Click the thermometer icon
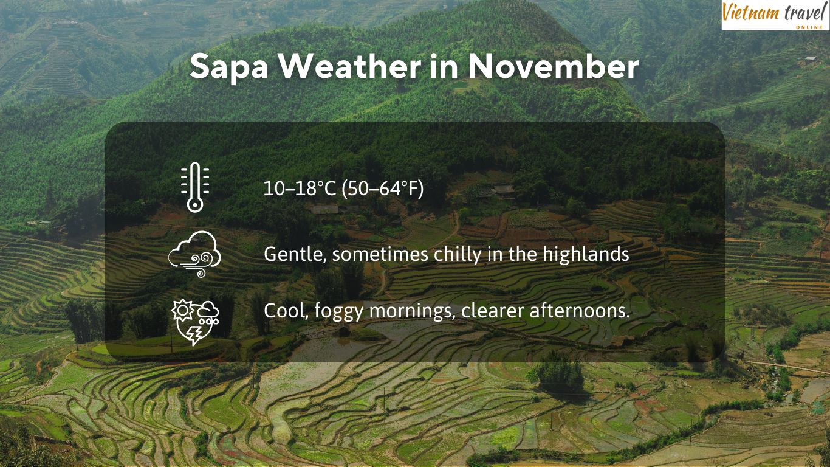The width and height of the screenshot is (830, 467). pyautogui.click(x=194, y=187)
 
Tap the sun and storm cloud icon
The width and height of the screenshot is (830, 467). pyautogui.click(x=194, y=321)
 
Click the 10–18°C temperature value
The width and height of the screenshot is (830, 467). pyautogui.click(x=300, y=189)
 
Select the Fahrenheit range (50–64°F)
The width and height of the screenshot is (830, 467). pyautogui.click(x=383, y=189)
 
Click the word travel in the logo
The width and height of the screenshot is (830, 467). pyautogui.click(x=802, y=12)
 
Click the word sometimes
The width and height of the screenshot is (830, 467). pyautogui.click(x=379, y=254)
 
